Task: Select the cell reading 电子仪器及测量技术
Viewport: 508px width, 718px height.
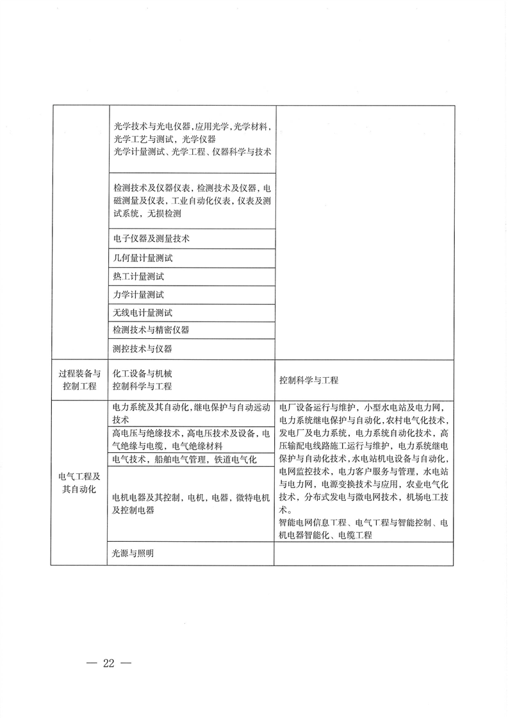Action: tap(151, 238)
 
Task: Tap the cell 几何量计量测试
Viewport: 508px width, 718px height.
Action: tap(142, 258)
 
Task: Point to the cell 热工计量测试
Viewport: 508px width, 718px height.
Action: tap(138, 277)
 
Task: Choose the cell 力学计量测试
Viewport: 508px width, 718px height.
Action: tap(138, 295)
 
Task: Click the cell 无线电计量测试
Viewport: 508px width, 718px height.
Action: tap(142, 313)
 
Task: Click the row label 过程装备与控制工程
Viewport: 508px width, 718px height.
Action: tap(79, 380)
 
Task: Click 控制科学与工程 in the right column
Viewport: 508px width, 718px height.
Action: tap(309, 380)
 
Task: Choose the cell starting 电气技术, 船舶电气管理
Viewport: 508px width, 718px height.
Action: tap(184, 460)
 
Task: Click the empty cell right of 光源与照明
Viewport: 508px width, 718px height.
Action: tap(364, 554)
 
